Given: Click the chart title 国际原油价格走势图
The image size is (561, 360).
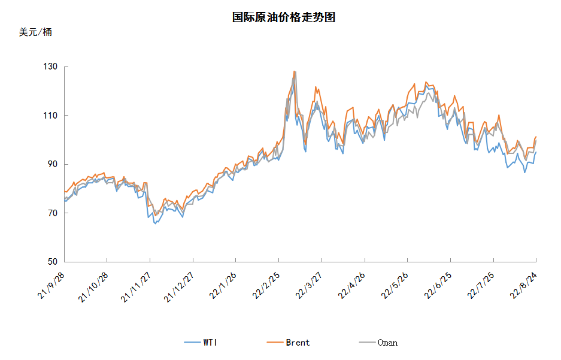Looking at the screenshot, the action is pos(283,17).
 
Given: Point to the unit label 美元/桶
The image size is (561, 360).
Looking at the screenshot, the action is pos(35,32).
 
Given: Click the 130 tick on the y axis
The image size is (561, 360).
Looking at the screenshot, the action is pos(50,66).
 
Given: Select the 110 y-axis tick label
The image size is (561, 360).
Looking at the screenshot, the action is pos(50,116).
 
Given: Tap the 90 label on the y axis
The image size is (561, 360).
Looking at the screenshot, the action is pos(53,164).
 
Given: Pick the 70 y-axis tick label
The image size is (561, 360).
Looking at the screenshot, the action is pos(53,213).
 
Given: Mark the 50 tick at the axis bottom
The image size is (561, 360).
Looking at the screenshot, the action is pos(53,262).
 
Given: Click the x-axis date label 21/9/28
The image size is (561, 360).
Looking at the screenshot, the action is pos(51,286).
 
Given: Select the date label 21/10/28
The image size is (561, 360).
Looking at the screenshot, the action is pos(93,287).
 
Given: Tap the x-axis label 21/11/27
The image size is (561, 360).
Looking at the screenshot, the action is pos(135,287).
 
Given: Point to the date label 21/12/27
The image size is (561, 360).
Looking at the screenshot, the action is pos(178,287).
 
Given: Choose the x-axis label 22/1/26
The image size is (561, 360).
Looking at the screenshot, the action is pos(223,286).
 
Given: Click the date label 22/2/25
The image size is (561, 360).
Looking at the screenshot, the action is pos(265,286).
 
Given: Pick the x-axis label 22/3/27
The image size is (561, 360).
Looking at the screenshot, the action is pos(308,286).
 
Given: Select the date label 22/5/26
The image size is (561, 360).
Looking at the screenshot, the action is pos(395,286).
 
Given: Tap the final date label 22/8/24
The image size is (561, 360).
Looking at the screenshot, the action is pos(523,286).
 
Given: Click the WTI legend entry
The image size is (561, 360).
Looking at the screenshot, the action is pos(201,343).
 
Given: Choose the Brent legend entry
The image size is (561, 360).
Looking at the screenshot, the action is pos(288,343).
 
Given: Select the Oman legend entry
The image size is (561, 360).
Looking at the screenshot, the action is pos(378,343).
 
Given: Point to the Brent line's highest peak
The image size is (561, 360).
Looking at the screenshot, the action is pos(294,71).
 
